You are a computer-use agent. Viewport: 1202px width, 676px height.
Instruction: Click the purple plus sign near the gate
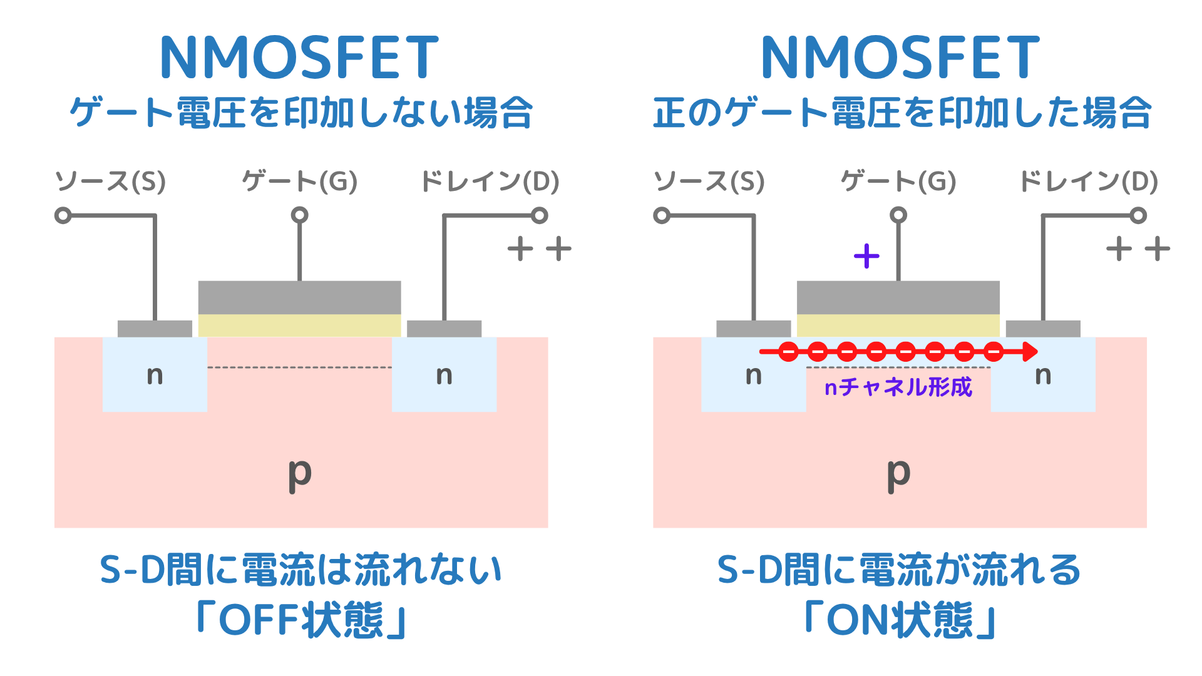[x=866, y=256]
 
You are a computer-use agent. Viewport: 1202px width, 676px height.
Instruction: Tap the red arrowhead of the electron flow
[x=1030, y=352]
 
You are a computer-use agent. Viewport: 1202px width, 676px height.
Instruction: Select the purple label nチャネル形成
[x=898, y=387]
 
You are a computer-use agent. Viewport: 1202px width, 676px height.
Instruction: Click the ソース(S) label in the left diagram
[x=111, y=182]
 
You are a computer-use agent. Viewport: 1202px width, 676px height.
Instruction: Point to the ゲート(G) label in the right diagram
[x=898, y=182]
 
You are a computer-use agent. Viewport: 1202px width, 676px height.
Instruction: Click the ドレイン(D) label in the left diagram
[x=490, y=182]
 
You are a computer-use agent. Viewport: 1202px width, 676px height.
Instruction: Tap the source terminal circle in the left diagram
[x=63, y=216]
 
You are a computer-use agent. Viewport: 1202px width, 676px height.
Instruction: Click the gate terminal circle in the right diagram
[x=898, y=215]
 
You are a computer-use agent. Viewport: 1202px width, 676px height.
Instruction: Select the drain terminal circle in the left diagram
[x=540, y=216]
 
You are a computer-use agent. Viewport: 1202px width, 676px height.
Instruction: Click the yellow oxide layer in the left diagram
[x=299, y=325]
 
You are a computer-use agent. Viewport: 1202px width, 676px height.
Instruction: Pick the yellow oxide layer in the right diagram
[x=898, y=325]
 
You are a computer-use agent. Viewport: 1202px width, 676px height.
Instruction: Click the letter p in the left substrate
[x=300, y=473]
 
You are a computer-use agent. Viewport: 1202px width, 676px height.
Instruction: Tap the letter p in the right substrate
[x=898, y=473]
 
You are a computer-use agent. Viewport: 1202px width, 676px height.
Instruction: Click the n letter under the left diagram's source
[x=155, y=376]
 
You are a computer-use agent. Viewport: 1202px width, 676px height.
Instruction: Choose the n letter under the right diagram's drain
[x=1043, y=376]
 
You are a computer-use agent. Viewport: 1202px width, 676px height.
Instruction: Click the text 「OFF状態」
[x=301, y=620]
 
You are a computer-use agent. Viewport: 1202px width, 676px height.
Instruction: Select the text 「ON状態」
[x=900, y=620]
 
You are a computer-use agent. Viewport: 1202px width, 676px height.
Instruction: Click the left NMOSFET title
[x=299, y=58]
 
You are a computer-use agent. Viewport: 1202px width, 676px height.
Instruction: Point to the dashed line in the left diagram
[x=299, y=367]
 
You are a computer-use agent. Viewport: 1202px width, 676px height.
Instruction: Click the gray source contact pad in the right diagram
[x=753, y=329]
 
